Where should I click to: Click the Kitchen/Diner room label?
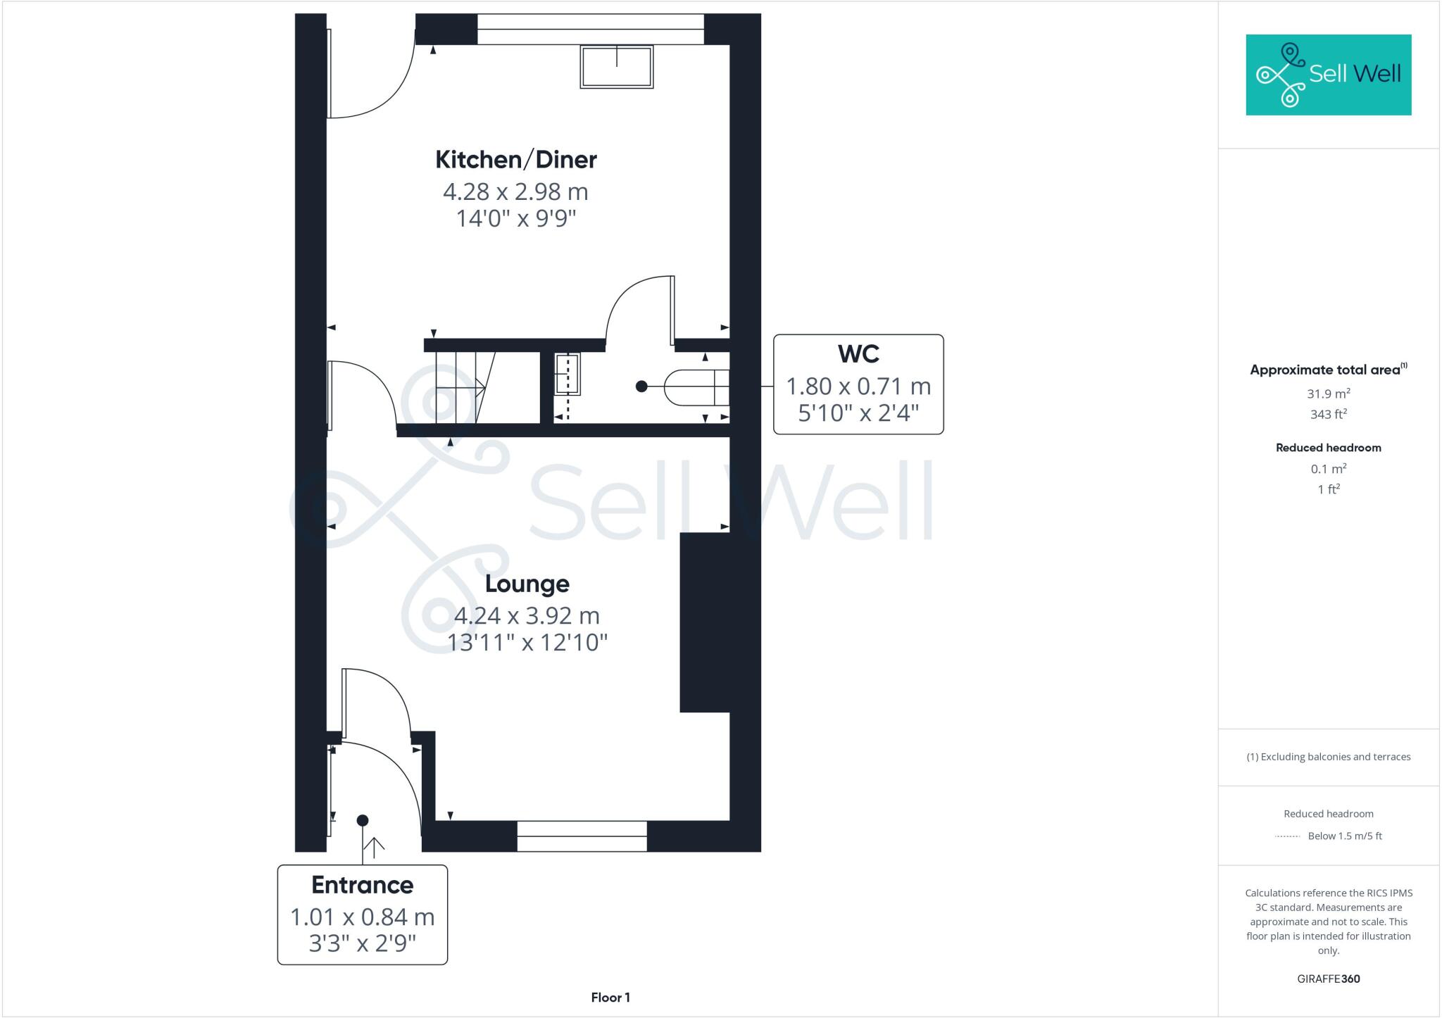pyautogui.click(x=515, y=160)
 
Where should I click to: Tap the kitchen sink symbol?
pyautogui.click(x=616, y=67)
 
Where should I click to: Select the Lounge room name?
pyautogui.click(x=527, y=584)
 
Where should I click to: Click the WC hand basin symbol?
pyautogui.click(x=567, y=375)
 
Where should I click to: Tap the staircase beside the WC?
pyautogui.click(x=465, y=388)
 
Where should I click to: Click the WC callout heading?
pyautogui.click(x=858, y=353)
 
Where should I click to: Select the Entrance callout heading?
pyautogui.click(x=362, y=885)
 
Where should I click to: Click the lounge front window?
pyautogui.click(x=582, y=836)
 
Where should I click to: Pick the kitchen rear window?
pyautogui.click(x=590, y=29)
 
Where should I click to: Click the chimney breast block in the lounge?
pyautogui.click(x=704, y=622)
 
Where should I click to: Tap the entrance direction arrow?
pyautogui.click(x=373, y=847)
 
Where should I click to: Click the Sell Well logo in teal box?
pyautogui.click(x=1328, y=75)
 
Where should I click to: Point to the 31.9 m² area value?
pyautogui.click(x=1328, y=394)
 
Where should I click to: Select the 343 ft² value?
pyautogui.click(x=1328, y=415)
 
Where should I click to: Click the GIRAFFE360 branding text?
pyautogui.click(x=1328, y=979)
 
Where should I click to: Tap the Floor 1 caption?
pyautogui.click(x=610, y=998)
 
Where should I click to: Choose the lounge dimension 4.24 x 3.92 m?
pyautogui.click(x=527, y=616)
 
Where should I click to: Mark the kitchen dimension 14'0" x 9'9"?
pyautogui.click(x=515, y=219)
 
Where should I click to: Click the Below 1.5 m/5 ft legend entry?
pyautogui.click(x=1344, y=836)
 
